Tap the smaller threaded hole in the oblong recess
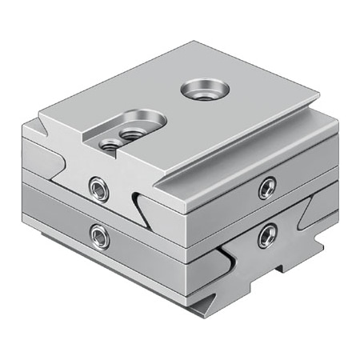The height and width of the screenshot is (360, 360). tap(106, 144)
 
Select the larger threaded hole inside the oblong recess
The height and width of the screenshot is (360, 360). tap(130, 132)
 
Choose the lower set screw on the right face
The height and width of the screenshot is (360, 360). tap(267, 234)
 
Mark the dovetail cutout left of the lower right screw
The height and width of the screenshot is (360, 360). tap(230, 255)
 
